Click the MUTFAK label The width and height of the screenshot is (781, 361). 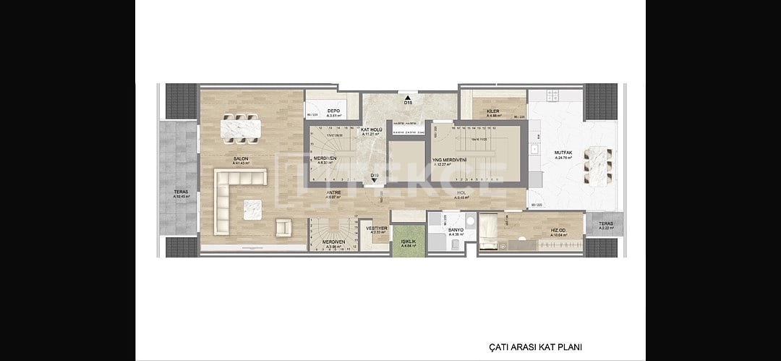(x=563, y=153)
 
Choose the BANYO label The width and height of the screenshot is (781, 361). (x=456, y=229)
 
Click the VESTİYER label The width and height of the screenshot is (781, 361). (x=377, y=228)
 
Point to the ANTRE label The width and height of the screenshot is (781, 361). (x=333, y=192)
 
